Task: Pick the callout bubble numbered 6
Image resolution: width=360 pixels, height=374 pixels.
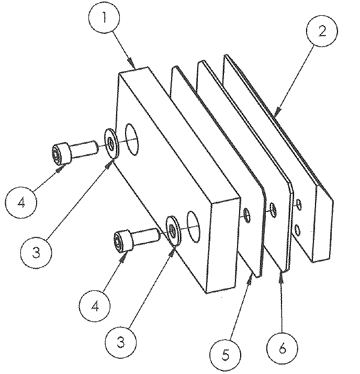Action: [x=283, y=347]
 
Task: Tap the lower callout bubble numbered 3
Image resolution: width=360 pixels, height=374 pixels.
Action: [x=120, y=343]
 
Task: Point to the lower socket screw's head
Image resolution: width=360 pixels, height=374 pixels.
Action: [x=121, y=241]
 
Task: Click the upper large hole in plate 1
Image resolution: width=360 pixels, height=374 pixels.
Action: [x=133, y=139]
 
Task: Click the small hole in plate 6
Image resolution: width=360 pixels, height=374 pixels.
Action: [x=273, y=210]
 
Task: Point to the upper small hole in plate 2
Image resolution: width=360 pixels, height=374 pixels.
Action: [x=298, y=203]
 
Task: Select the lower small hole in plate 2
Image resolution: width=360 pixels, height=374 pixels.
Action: [x=297, y=229]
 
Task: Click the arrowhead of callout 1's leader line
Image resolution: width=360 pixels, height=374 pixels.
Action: [x=135, y=66]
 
